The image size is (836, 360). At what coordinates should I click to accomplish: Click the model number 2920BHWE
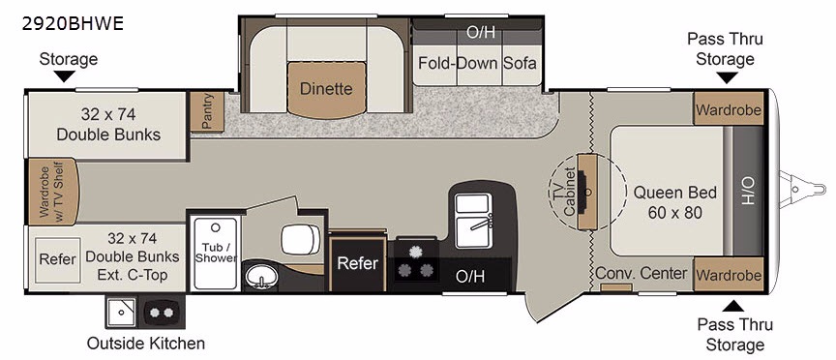coord(73,23)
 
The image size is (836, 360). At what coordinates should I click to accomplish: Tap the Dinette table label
coord(326,88)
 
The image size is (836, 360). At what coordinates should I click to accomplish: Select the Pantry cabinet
coord(207,111)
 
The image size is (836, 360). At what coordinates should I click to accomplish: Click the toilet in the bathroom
coord(301,239)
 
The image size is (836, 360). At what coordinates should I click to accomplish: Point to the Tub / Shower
coord(216,254)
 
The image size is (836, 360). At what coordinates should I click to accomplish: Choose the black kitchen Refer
coord(358,264)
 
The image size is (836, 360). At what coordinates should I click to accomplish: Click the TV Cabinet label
coord(565,192)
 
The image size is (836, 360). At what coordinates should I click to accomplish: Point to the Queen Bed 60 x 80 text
coord(674,202)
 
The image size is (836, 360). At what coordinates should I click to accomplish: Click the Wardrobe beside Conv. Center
coord(729,275)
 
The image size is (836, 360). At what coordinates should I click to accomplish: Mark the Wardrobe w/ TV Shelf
coord(52,191)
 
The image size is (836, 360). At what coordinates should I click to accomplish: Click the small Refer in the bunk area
coord(58,259)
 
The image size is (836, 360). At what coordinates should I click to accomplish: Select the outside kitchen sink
coord(121,312)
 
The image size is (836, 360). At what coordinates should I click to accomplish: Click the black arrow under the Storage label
coord(65,76)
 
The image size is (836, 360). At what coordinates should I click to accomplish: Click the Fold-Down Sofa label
coord(477,63)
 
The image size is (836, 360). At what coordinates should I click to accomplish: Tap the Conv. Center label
coord(641,274)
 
